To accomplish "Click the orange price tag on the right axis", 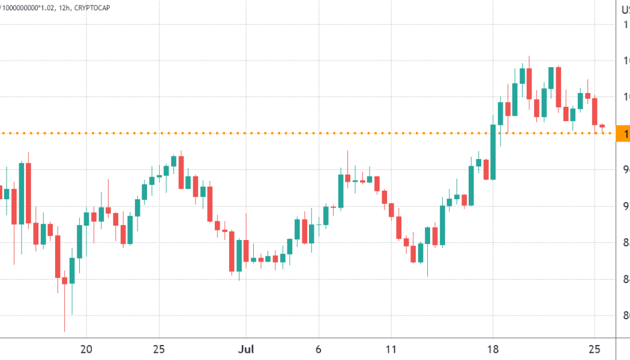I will (623, 133).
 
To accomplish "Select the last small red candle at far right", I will (602, 125).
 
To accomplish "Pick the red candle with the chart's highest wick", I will (529, 83).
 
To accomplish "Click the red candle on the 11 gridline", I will (391, 210).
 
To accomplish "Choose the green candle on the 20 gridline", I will (86, 218).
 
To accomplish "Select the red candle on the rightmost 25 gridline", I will (595, 112).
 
